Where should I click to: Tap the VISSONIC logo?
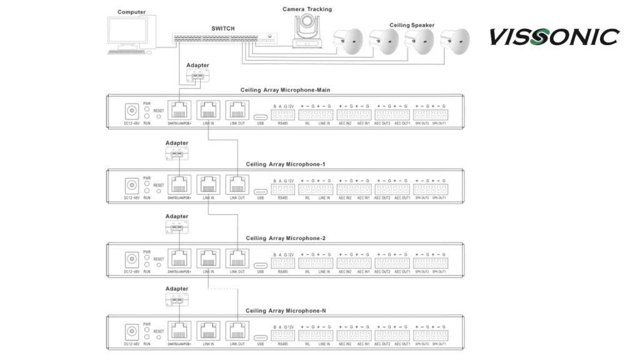pyautogui.click(x=554, y=37)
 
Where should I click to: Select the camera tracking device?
pyautogui.click(x=306, y=31)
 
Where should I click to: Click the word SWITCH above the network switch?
pyautogui.click(x=224, y=29)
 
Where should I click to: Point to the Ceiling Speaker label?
pyautogui.click(x=411, y=25)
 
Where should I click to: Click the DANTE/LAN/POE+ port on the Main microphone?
pyautogui.click(x=180, y=110)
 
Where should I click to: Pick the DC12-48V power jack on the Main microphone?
pyautogui.click(x=132, y=111)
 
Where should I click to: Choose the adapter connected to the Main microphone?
pyautogui.click(x=197, y=76)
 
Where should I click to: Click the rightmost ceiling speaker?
pyautogui.click(x=454, y=41)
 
